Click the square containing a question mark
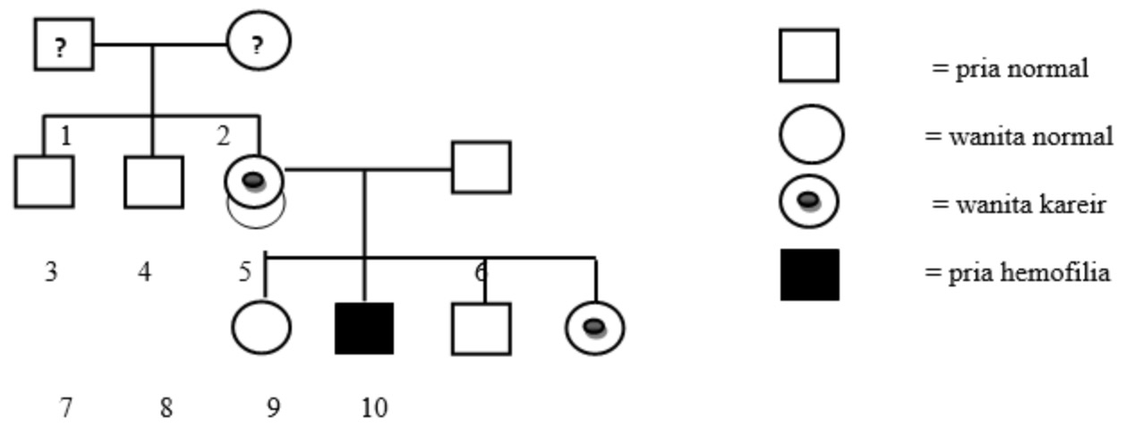64,45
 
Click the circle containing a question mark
259,42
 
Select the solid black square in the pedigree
364,329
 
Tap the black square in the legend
810,275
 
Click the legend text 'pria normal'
1011,68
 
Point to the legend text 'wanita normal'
1019,137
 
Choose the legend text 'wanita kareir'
1019,204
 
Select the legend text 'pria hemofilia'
1017,272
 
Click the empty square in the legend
809,55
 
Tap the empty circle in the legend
811,135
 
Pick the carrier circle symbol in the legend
809,201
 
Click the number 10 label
374,408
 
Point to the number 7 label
65,408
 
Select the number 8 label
166,408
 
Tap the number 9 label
273,408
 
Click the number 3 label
51,271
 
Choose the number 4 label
145,271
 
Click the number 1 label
65,137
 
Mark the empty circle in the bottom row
261,328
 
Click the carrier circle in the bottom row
595,328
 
